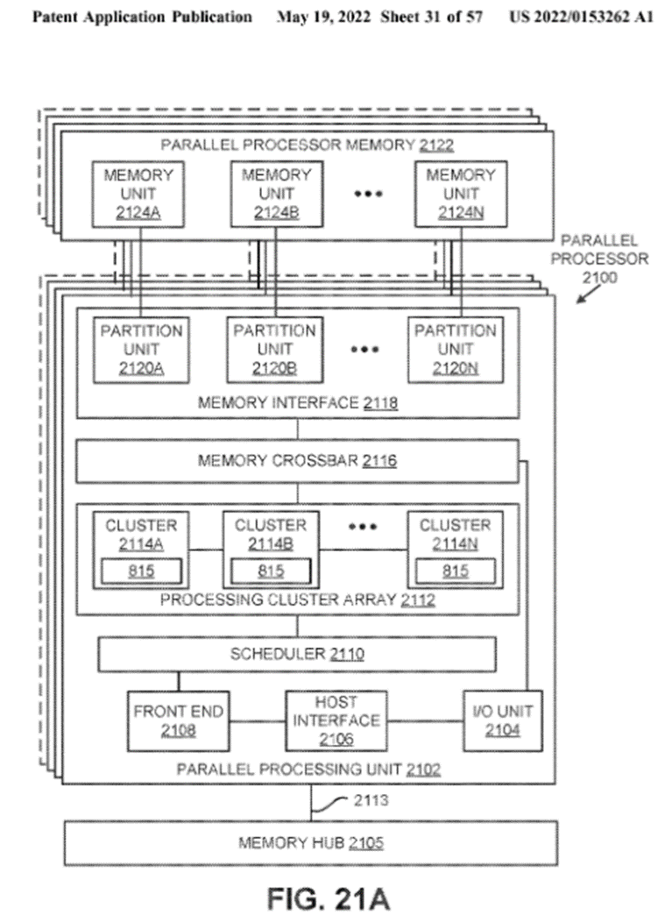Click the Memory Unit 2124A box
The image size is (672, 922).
tap(138, 194)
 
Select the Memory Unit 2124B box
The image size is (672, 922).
tap(276, 194)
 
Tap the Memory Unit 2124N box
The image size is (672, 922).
tap(460, 194)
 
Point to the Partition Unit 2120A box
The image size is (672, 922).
tap(141, 350)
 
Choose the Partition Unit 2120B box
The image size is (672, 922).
tap(274, 350)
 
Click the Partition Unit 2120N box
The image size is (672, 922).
tap(456, 350)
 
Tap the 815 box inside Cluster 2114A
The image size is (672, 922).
tap(141, 571)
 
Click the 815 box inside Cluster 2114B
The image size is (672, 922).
tap(271, 571)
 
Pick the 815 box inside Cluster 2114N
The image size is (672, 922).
tap(455, 571)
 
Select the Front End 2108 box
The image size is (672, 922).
tap(178, 720)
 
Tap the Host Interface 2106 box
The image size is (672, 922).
tap(336, 720)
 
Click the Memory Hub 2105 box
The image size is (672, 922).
tap(311, 844)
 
